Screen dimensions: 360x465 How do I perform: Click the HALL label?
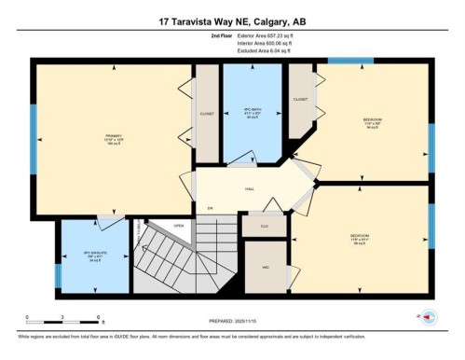click(250, 188)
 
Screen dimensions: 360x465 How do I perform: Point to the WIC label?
click(265, 266)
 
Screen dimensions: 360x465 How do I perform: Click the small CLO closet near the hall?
click(264, 224)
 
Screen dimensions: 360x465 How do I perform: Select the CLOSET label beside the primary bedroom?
click(207, 114)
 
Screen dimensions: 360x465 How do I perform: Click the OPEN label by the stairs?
click(178, 224)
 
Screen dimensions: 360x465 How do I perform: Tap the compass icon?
click(427, 317)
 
